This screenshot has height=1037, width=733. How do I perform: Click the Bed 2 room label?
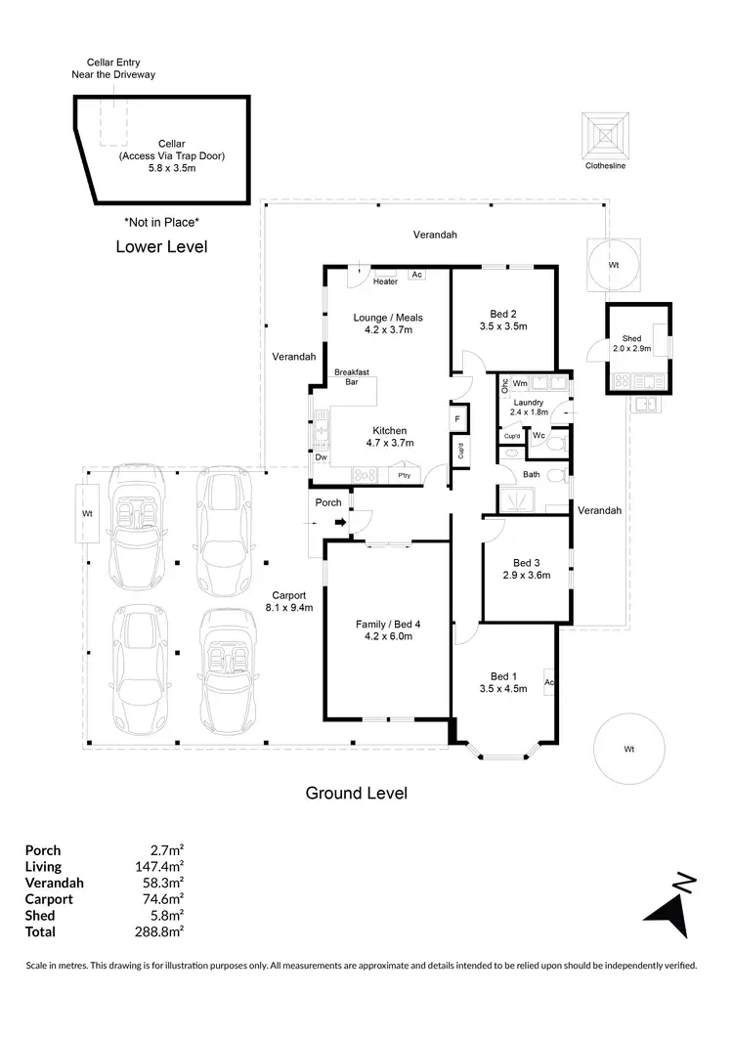[x=503, y=314]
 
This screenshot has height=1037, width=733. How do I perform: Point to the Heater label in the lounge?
[x=385, y=281]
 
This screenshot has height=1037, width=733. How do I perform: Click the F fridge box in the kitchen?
[x=456, y=418]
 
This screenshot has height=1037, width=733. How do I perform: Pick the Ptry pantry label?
[x=404, y=475]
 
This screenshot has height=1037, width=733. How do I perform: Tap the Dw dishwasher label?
[x=320, y=456]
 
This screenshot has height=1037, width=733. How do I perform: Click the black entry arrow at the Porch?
[x=340, y=523]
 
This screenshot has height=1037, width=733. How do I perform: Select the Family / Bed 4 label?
[x=388, y=624]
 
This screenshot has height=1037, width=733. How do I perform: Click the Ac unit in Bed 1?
[x=549, y=681]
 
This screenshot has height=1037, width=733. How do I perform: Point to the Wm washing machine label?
[x=520, y=384]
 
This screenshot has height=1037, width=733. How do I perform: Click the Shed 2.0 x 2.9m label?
[x=638, y=342]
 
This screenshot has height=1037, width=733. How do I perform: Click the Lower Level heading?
[x=161, y=246]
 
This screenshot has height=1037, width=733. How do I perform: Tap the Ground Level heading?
[x=357, y=793]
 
